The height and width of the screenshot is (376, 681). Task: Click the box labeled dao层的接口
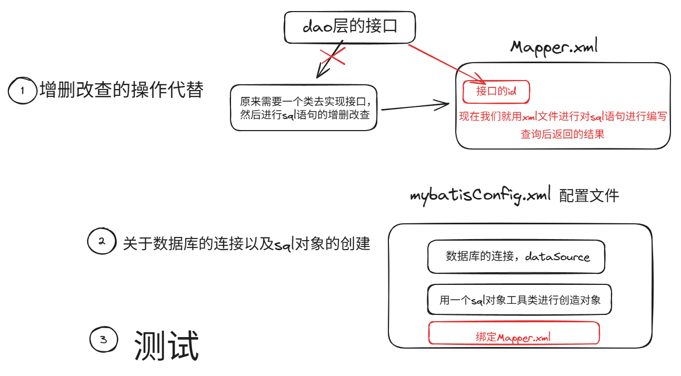tap(349, 28)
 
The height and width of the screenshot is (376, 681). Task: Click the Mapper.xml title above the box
tap(554, 47)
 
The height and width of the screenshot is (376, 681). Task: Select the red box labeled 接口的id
tap(496, 92)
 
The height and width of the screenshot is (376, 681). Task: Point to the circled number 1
tap(22, 91)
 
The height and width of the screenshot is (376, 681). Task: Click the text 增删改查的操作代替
tap(121, 90)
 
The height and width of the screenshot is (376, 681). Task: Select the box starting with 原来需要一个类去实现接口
tap(304, 107)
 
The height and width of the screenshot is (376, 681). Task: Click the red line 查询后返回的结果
tap(562, 134)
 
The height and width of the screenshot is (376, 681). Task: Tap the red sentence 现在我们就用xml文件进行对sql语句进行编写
tap(563, 116)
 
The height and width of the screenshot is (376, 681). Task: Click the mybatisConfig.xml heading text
tap(480, 196)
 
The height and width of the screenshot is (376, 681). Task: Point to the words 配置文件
tap(589, 196)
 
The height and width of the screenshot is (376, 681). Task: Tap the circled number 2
tap(102, 242)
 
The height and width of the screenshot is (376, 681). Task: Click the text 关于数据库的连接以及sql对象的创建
tap(246, 244)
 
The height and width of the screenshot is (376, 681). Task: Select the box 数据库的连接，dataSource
tap(516, 257)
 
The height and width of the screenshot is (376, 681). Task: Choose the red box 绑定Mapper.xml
tap(514, 333)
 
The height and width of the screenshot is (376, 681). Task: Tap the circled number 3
tap(104, 340)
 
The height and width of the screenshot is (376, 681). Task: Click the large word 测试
tap(166, 346)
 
